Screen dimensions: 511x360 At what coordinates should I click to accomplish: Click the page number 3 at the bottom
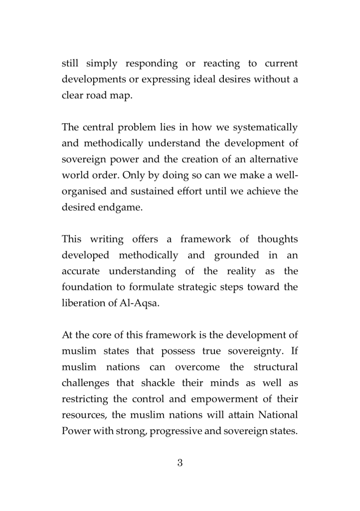(180, 463)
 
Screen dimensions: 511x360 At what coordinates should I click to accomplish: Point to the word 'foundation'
(88, 287)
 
